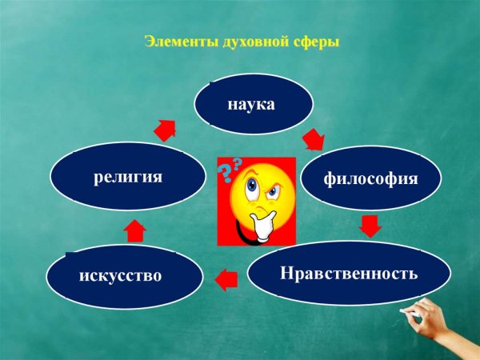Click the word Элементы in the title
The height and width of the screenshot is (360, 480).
click(x=174, y=42)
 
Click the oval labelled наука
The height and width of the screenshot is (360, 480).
click(x=251, y=105)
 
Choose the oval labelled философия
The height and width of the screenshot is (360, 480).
click(x=370, y=179)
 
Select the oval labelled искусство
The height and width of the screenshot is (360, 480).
click(x=121, y=276)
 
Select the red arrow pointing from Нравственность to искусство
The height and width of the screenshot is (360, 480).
click(x=227, y=278)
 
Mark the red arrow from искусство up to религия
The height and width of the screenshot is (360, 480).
click(x=135, y=230)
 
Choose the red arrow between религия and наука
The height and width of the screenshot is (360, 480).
click(x=166, y=130)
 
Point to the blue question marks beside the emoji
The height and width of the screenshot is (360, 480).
click(x=231, y=167)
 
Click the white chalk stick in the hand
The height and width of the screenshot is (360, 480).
click(x=411, y=310)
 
